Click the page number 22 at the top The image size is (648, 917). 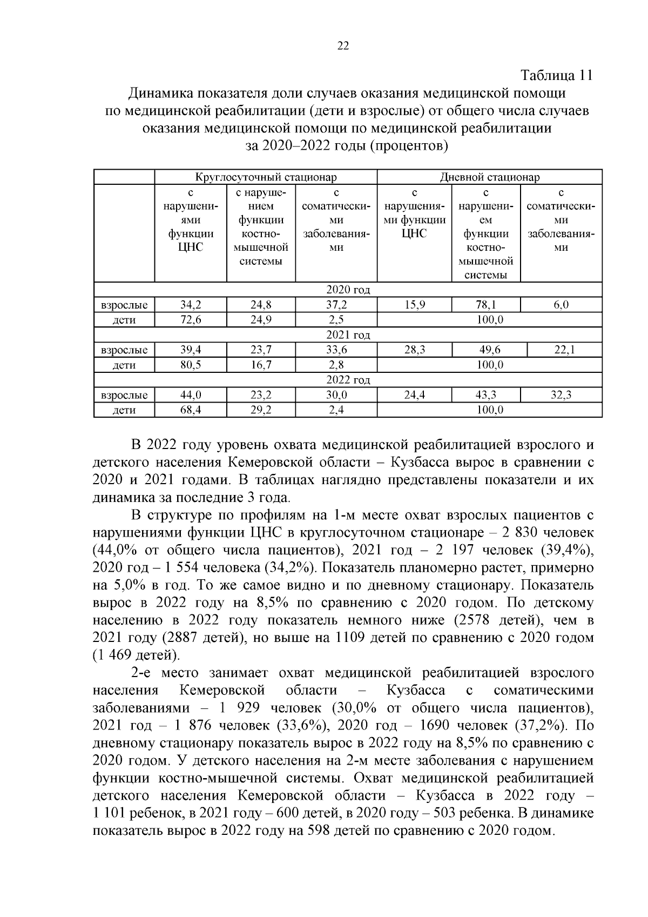tap(343, 46)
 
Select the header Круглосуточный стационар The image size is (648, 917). tap(266, 177)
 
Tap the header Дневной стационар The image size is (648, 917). tap(489, 177)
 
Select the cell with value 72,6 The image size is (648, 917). tap(191, 320)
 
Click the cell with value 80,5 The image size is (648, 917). tap(191, 365)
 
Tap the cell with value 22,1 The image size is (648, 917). tap(564, 350)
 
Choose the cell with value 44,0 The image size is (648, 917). tap(191, 396)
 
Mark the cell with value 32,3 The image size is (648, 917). tap(561, 396)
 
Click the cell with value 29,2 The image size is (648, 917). tap(261, 410)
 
